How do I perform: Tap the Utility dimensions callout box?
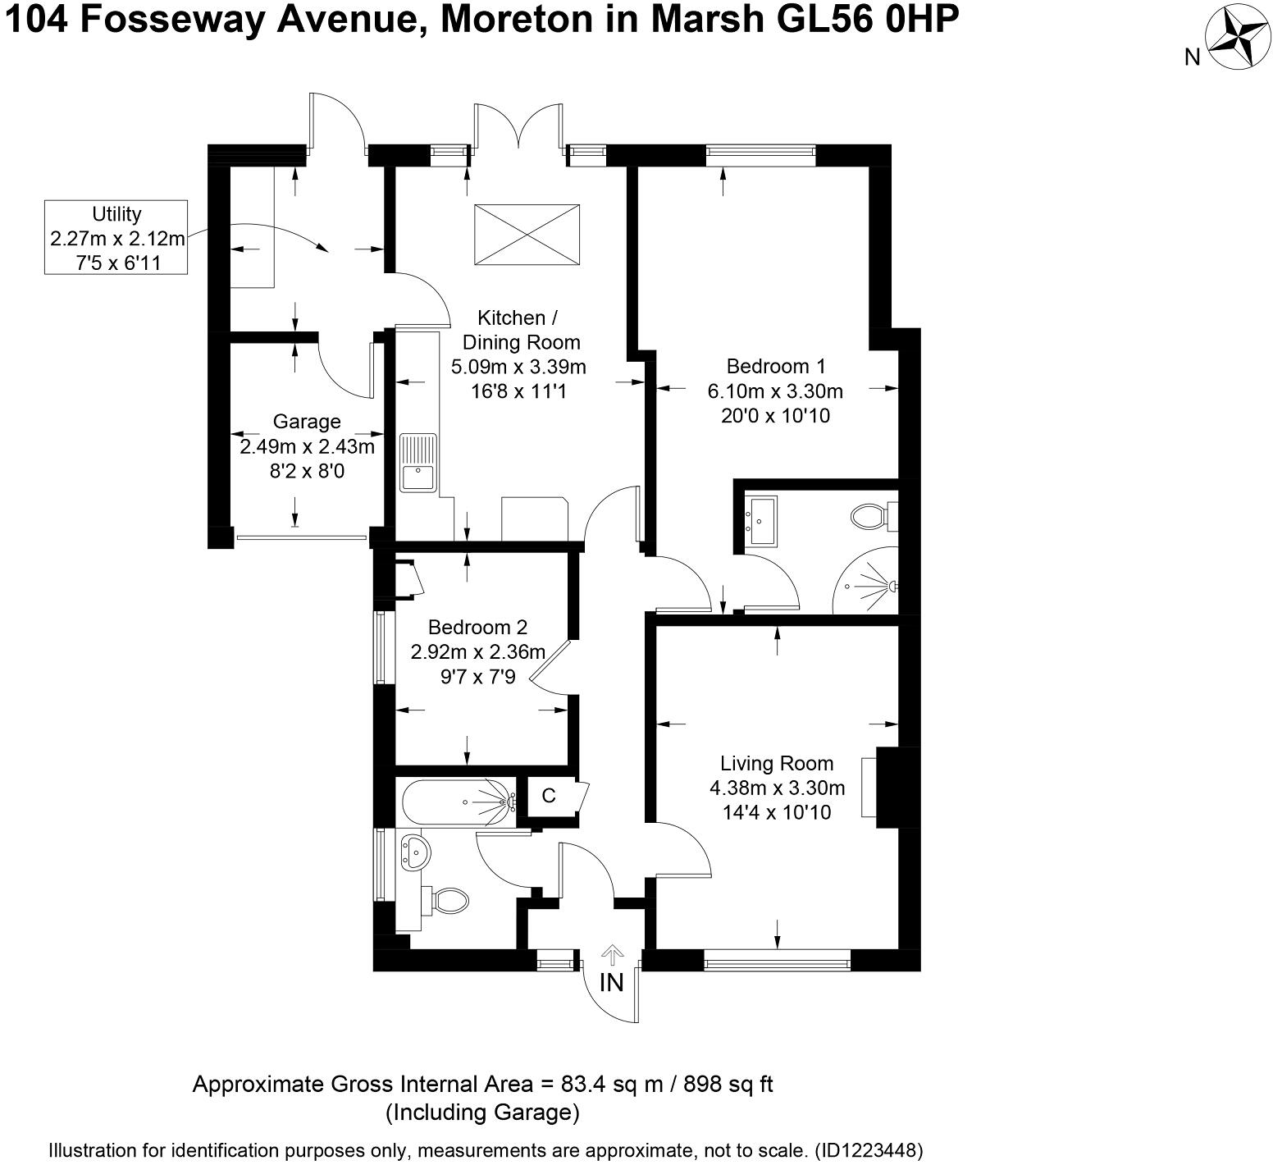click(x=116, y=238)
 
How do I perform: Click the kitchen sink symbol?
click(x=418, y=464)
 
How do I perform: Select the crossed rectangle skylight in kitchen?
click(x=527, y=235)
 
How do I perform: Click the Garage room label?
click(x=307, y=422)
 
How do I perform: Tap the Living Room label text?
click(x=776, y=764)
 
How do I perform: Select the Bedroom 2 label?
click(x=477, y=628)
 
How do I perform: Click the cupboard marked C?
click(x=549, y=796)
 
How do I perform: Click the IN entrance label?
click(x=612, y=982)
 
